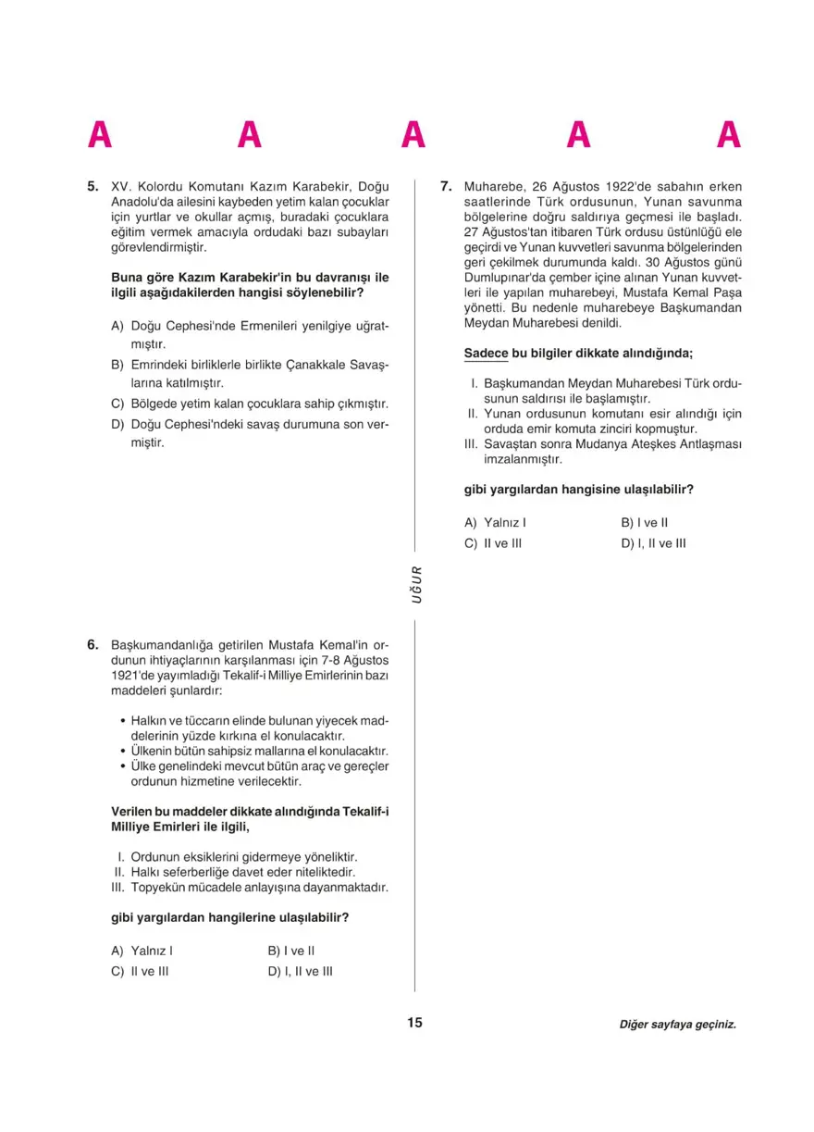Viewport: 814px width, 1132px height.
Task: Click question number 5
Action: [92, 186]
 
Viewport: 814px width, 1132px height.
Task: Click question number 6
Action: [92, 643]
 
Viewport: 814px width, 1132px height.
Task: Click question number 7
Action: [446, 186]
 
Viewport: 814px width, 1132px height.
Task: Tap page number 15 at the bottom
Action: [413, 1023]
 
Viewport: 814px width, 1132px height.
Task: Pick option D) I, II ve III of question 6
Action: [300, 972]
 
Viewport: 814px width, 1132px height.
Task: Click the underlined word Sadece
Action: [487, 353]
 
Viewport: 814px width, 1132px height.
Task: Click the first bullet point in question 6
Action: [123, 720]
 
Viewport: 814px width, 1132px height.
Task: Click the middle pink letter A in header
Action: [413, 135]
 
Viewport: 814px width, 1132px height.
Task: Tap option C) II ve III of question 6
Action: [140, 972]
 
